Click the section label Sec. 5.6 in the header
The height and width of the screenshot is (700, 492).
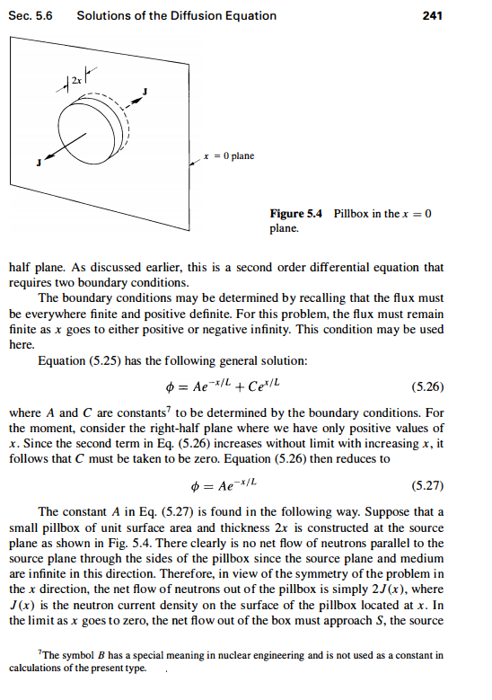29,15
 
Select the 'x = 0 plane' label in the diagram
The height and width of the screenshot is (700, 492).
228,155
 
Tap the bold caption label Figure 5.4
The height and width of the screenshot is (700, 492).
298,214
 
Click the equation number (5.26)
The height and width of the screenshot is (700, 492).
426,388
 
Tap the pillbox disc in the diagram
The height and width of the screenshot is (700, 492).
90,126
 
